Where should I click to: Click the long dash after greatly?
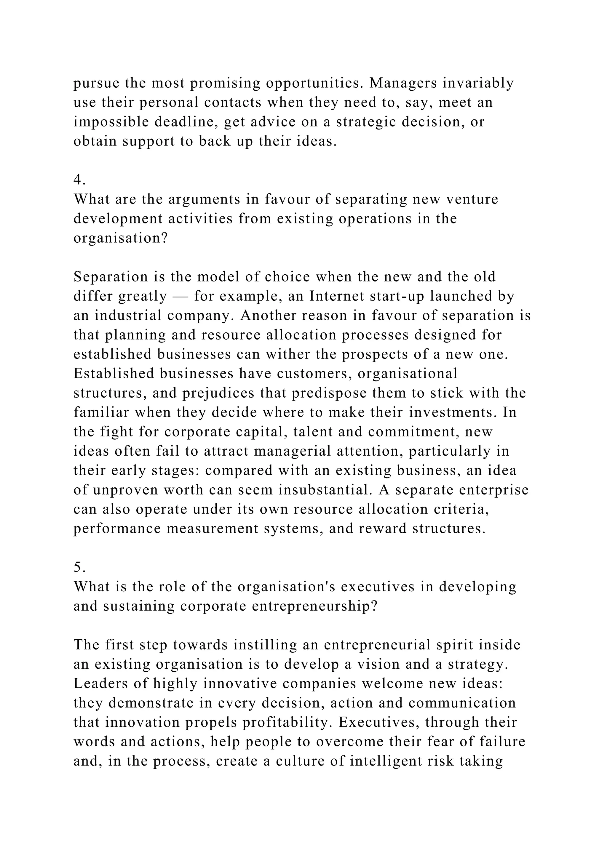click(180, 296)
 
